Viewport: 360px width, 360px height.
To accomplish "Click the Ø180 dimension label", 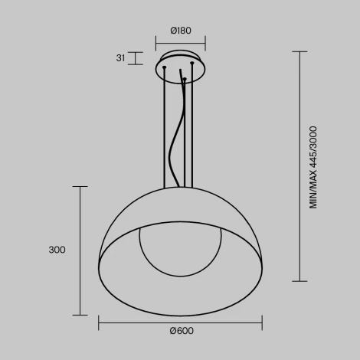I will [181, 31].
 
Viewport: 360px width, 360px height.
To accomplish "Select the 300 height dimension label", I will [56, 250].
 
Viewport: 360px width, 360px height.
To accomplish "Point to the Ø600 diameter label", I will [181, 331].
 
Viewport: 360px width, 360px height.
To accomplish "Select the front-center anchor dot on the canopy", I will [184, 79].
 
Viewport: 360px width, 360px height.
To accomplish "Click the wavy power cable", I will [178, 138].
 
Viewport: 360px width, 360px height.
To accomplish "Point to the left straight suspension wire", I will [164, 130].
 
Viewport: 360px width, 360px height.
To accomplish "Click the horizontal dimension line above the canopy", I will [181, 43].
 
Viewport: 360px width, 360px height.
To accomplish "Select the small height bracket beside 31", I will [136, 58].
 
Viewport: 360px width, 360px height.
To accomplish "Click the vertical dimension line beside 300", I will [80, 250].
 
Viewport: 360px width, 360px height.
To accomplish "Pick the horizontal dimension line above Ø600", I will [181, 322].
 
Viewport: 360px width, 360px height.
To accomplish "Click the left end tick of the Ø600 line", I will [99, 322].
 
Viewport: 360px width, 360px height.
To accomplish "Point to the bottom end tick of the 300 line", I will [80, 315].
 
